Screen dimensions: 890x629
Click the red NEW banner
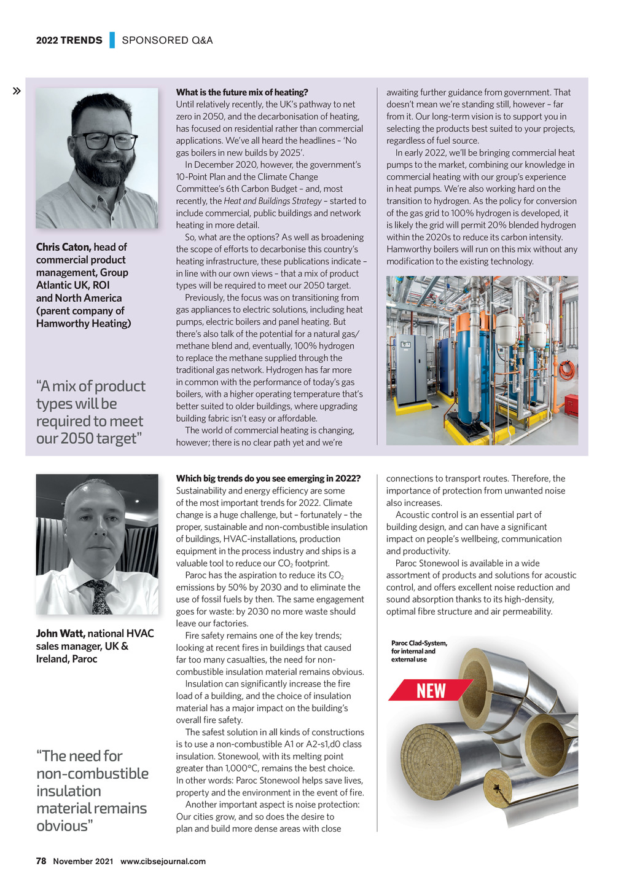431,690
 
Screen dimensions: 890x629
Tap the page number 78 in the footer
41,861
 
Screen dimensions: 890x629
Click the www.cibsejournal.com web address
163,861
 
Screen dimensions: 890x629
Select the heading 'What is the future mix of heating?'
242,92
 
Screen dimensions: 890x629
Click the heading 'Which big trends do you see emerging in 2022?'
268,478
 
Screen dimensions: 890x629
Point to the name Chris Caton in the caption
63,247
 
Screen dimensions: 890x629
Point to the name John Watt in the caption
60,633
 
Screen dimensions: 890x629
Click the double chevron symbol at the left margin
17,92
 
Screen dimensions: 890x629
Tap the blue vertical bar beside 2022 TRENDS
112,40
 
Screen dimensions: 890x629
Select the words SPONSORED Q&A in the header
167,41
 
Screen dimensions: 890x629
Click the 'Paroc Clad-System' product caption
419,651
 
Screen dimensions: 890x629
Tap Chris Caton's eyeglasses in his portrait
104,141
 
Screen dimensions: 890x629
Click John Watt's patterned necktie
99,596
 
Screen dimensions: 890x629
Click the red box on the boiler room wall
571,406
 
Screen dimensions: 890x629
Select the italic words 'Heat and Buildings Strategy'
273,201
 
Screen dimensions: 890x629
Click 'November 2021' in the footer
83,861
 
